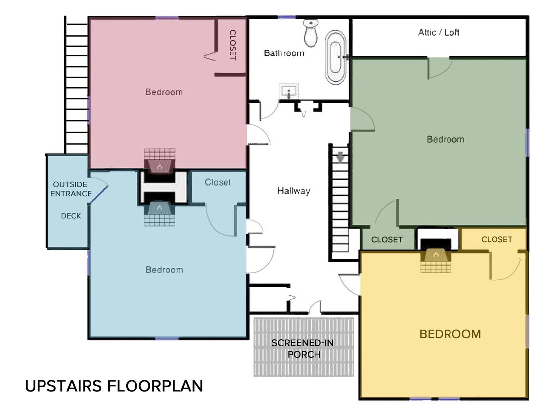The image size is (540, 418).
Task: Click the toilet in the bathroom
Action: tap(311, 33)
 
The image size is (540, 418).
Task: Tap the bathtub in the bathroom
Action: tap(335, 57)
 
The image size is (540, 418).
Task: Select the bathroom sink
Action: tap(289, 92)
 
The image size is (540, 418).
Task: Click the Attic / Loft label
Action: tap(439, 32)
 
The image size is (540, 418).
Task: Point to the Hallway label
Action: tap(293, 191)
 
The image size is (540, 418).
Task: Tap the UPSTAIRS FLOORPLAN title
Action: tap(114, 386)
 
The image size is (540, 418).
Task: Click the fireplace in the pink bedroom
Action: tap(159, 161)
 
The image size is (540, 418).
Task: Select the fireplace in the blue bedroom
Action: tap(159, 214)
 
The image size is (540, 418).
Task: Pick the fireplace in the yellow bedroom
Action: tap(436, 261)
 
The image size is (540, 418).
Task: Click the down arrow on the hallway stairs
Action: tap(340, 157)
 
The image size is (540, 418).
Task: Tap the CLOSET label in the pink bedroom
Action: tap(233, 45)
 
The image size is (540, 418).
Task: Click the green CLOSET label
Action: tap(387, 239)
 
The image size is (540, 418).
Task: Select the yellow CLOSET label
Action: tap(496, 239)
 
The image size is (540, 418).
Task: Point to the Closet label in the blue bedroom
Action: tap(218, 182)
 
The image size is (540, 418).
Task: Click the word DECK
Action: tap(71, 216)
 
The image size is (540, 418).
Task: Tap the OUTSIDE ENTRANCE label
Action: tap(71, 189)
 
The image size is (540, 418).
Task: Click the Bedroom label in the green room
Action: tap(445, 139)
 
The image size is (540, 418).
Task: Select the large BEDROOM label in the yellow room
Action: tap(450, 334)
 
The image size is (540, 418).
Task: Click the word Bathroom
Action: tap(284, 53)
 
